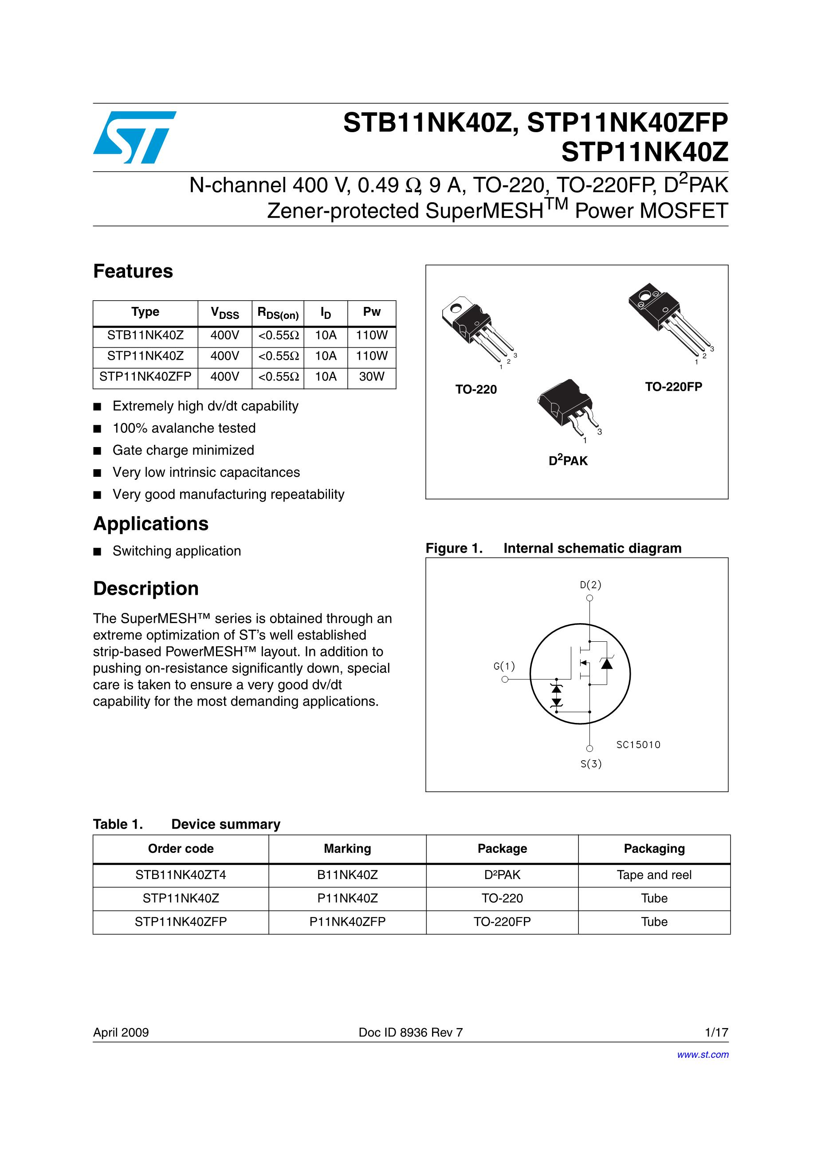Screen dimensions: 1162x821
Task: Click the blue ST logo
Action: (134, 137)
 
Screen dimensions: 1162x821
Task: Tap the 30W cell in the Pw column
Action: (372, 377)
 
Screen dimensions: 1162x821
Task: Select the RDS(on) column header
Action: (278, 313)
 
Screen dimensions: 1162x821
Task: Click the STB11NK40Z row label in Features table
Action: (145, 335)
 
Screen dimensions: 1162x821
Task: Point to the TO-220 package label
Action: (476, 389)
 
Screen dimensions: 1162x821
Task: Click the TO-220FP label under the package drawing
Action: (673, 387)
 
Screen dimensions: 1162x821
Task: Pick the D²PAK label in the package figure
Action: (568, 460)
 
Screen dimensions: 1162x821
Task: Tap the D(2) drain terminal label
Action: (590, 585)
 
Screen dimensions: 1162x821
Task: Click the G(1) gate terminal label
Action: (504, 666)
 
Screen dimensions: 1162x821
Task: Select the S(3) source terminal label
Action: (591, 764)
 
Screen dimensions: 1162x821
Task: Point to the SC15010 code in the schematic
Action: (638, 745)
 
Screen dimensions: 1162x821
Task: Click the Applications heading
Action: (151, 523)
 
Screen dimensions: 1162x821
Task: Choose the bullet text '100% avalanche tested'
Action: (184, 428)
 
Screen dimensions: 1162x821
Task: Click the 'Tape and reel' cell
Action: (654, 875)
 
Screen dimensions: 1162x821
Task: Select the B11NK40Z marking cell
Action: (347, 875)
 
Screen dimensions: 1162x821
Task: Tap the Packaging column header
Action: (654, 849)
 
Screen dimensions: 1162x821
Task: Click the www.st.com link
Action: (703, 1055)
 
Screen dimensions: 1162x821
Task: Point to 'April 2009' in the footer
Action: (121, 1032)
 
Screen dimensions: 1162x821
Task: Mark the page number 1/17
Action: (716, 1032)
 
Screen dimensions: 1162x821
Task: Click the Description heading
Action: (146, 589)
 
